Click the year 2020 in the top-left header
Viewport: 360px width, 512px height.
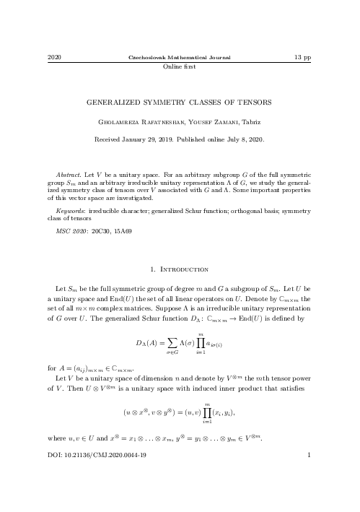pyautogui.click(x=53, y=57)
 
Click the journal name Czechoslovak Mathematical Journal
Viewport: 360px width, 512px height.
pyautogui.click(x=180, y=57)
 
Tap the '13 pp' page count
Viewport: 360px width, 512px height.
pyautogui.click(x=302, y=57)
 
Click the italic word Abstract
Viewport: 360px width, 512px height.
pyautogui.click(x=68, y=175)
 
